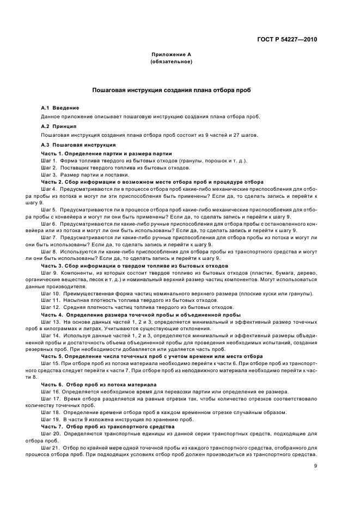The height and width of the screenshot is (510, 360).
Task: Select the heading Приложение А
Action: click(171, 55)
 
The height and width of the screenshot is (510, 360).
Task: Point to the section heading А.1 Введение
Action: click(60, 108)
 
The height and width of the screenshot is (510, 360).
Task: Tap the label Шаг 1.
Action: click(49, 161)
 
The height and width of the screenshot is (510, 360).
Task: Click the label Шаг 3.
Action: click(49, 174)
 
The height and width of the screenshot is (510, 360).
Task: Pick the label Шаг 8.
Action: click(49, 252)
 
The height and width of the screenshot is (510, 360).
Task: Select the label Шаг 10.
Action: click(50, 294)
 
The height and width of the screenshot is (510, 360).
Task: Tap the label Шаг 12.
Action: click(50, 307)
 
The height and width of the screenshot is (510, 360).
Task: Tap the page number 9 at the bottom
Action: click(315, 466)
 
